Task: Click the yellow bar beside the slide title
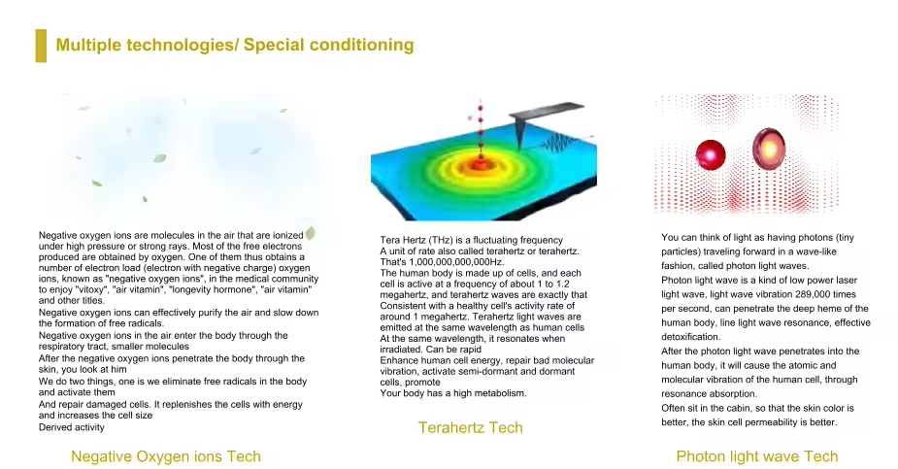41,46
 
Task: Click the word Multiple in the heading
88,46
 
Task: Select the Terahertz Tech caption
470,428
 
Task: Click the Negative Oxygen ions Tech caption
165,456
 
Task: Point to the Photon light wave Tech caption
756,456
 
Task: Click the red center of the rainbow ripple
480,164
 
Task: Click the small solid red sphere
711,154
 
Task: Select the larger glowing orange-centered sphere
769,149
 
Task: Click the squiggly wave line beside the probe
559,142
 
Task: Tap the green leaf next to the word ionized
311,232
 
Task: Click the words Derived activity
72,427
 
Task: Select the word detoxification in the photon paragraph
690,337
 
